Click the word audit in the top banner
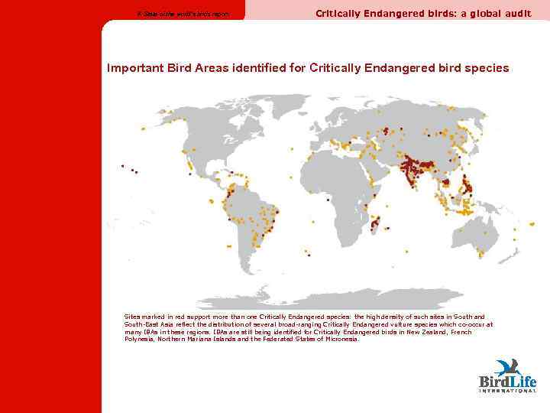[516, 13]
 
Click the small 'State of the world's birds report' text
[182, 14]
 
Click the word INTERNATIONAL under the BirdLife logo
[507, 391]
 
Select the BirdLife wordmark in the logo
[507, 381]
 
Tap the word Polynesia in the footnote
[139, 339]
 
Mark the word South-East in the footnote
[142, 324]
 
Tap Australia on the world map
[467, 229]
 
